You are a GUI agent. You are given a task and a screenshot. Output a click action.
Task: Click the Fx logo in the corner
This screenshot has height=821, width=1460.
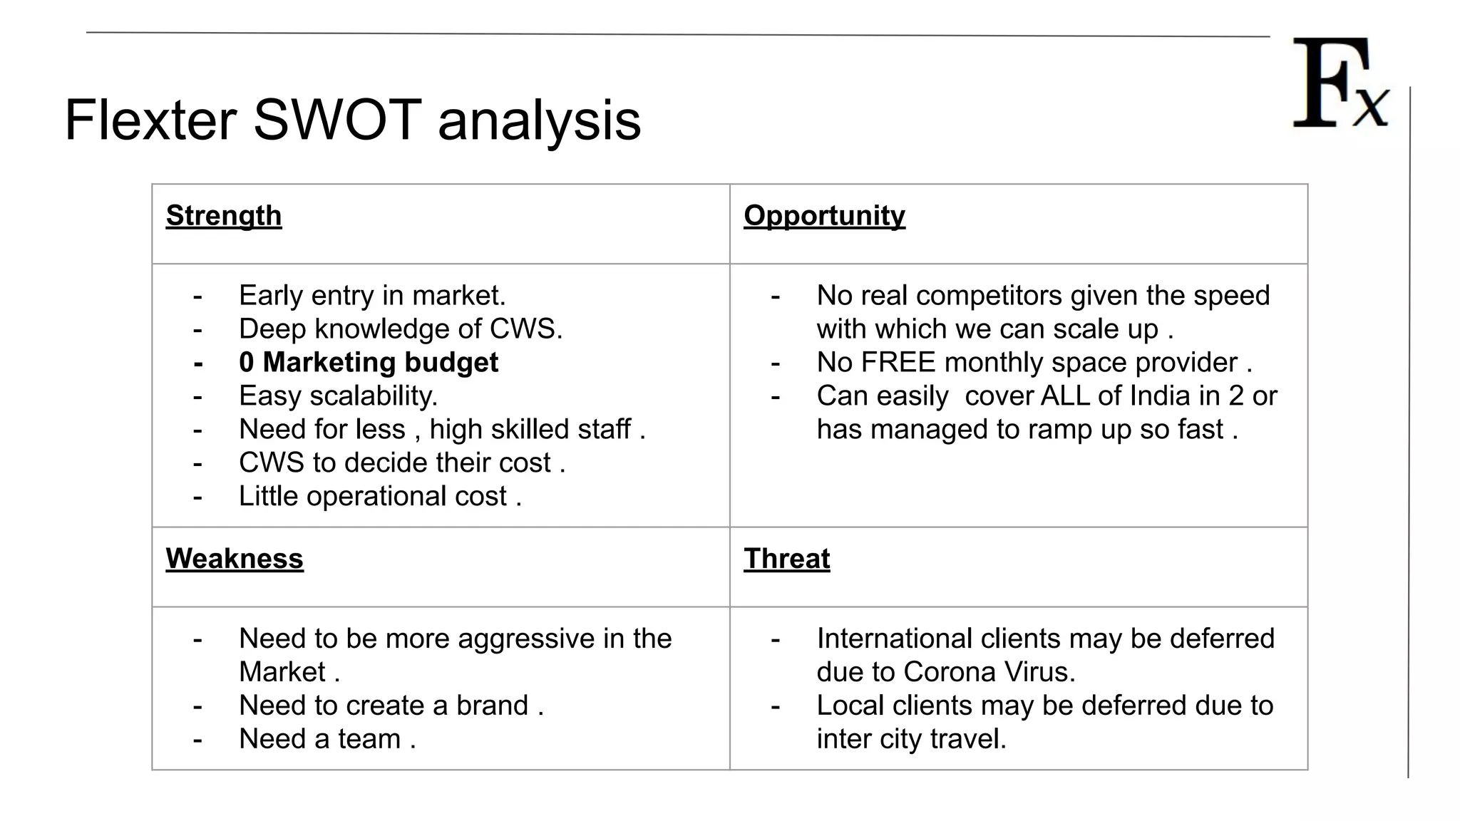click(x=1340, y=84)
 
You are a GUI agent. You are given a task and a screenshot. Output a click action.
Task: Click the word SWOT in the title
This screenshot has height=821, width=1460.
click(x=337, y=120)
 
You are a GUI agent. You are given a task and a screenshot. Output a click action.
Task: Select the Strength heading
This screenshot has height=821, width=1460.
click(x=224, y=215)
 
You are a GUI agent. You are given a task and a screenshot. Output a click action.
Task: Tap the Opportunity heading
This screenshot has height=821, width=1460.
click(x=824, y=215)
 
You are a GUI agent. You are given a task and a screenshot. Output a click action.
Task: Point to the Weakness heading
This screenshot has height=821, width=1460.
click(x=235, y=559)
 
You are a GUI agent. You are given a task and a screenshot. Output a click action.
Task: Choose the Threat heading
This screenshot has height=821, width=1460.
click(x=786, y=559)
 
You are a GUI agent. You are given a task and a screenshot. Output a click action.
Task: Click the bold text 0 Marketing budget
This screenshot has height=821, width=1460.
click(x=369, y=362)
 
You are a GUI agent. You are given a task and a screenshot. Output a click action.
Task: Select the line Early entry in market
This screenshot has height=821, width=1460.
click(x=372, y=295)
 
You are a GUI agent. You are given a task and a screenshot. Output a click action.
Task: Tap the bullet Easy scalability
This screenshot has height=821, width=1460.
click(x=338, y=396)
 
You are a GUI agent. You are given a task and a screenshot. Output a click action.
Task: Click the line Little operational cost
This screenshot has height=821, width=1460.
click(x=380, y=496)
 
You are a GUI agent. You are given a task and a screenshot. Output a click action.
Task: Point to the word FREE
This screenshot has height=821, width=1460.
click(x=898, y=362)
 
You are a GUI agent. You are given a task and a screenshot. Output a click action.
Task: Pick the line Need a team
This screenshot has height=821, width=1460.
click(x=327, y=738)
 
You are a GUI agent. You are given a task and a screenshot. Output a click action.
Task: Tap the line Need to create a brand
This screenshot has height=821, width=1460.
click(x=391, y=705)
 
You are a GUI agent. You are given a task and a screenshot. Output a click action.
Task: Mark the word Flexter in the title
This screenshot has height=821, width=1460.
click(x=150, y=120)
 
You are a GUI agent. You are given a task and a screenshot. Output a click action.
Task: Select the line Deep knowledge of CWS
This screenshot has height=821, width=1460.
click(x=401, y=329)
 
